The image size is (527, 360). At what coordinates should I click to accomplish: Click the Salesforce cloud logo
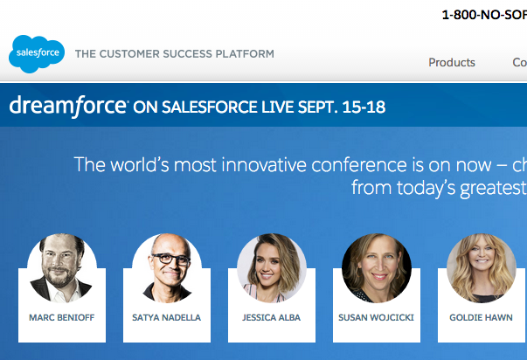37,54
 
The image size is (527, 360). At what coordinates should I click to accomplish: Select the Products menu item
452,63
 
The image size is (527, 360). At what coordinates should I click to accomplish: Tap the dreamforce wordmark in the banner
68,107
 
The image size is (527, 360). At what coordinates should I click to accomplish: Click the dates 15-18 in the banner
364,107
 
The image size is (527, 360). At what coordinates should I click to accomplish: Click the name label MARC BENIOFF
62,318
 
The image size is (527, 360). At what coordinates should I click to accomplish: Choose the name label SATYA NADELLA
166,318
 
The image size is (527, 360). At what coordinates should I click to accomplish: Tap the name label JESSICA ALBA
271,318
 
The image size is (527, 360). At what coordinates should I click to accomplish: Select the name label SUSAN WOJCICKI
376,318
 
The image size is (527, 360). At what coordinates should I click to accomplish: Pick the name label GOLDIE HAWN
481,318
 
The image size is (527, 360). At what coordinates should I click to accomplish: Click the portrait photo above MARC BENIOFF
62,268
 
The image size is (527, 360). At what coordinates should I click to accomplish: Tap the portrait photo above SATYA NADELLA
167,268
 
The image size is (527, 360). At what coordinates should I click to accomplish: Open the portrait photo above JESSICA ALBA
272,268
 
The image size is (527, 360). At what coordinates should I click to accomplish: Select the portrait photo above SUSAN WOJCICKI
377,268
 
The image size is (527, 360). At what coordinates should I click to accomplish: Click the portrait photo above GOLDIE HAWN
482,268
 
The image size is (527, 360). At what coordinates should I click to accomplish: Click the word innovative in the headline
264,165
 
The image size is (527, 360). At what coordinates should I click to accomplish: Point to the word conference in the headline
359,165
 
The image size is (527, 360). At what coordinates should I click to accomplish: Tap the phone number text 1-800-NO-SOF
484,15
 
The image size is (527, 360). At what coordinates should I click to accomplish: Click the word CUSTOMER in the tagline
129,54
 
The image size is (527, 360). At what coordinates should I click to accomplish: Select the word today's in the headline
426,188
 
